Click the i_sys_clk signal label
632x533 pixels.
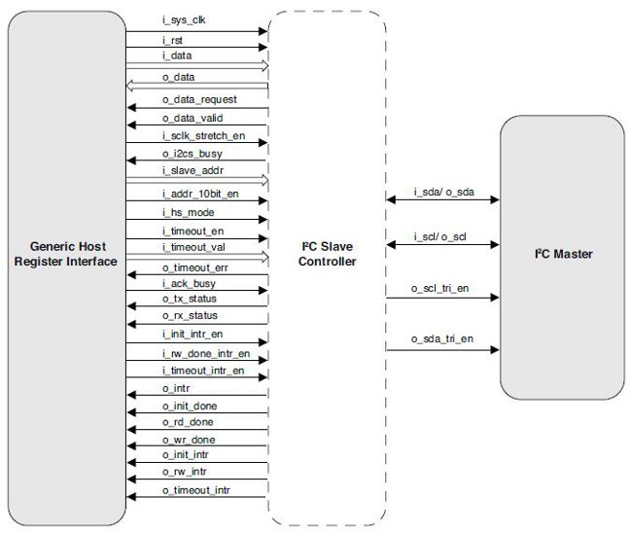point(184,20)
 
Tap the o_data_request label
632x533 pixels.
point(199,99)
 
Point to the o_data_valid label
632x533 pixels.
point(192,118)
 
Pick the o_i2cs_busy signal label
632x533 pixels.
point(193,153)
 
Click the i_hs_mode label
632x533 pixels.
point(188,212)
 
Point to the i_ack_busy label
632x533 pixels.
point(189,283)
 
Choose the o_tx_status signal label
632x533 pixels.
point(190,300)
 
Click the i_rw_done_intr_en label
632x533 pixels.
point(205,352)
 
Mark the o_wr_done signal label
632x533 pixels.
point(188,440)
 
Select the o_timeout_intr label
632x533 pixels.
point(196,486)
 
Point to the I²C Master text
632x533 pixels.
point(565,254)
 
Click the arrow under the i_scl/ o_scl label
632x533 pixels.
point(443,247)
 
